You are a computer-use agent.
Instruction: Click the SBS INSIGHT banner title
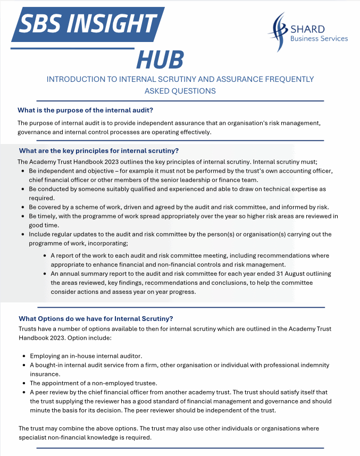pyautogui.click(x=88, y=23)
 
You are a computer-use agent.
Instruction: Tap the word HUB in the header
pyautogui.click(x=160, y=60)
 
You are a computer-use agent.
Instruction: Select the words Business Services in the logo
pyautogui.click(x=319, y=38)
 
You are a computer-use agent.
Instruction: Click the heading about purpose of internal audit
pyautogui.click(x=86, y=110)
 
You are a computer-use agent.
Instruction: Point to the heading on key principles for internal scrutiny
pyautogui.click(x=98, y=150)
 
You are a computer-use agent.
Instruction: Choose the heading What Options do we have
pyautogui.click(x=96, y=318)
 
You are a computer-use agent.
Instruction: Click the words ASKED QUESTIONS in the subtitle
pyautogui.click(x=180, y=91)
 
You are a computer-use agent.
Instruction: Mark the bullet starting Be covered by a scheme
pyautogui.click(x=181, y=207)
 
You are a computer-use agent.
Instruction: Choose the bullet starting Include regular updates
pyautogui.click(x=181, y=238)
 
